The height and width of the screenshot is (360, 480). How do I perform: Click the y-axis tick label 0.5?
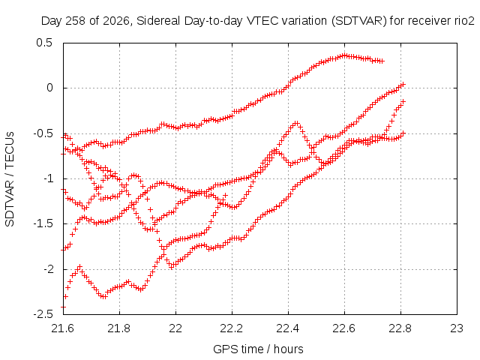tap(44, 43)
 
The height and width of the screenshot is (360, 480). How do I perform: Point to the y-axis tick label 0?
tap(49, 88)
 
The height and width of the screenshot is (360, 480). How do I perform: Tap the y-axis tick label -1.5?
tap(43, 223)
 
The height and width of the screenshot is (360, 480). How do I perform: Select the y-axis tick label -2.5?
tap(43, 314)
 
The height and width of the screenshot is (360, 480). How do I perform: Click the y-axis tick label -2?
tap(48, 269)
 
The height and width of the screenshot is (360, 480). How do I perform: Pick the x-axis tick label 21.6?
tap(63, 328)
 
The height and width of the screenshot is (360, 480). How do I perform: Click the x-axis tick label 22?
tap(175, 328)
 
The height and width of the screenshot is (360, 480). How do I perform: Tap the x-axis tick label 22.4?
tap(288, 328)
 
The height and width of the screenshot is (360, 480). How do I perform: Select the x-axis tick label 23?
tap(457, 328)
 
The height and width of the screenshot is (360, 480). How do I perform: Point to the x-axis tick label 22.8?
tap(400, 328)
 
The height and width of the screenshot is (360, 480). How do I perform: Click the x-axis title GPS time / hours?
tap(258, 349)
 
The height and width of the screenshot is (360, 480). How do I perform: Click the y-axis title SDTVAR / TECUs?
tap(10, 179)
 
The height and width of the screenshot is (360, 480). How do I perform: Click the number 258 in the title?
tap(77, 21)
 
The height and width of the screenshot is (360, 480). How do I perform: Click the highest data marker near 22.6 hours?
tap(345, 55)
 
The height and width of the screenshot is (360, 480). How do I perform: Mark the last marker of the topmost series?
tap(382, 61)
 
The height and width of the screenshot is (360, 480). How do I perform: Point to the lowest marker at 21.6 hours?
tap(63, 307)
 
